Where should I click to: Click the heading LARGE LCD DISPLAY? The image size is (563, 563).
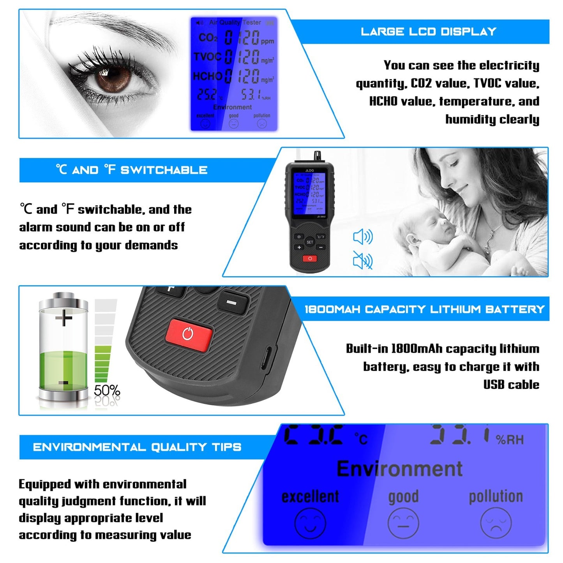pyautogui.click(x=428, y=32)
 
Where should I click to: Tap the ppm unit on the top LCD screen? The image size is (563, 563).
pyautogui.click(x=267, y=41)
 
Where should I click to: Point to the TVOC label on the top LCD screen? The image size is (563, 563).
pyautogui.click(x=207, y=57)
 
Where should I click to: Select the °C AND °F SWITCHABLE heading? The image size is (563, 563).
pyautogui.click(x=132, y=170)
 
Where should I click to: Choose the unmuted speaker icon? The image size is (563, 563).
pyautogui.click(x=363, y=237)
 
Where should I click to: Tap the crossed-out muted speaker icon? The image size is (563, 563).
pyautogui.click(x=363, y=260)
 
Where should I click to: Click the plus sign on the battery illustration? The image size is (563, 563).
pyautogui.click(x=64, y=318)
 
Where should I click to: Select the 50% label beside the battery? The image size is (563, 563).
pyautogui.click(x=107, y=390)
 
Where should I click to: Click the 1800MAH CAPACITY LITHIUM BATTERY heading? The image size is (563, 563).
pyautogui.click(x=424, y=309)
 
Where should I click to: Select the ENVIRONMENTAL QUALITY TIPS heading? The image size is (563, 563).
pyautogui.click(x=137, y=447)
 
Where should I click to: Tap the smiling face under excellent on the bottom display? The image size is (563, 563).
pyautogui.click(x=310, y=523)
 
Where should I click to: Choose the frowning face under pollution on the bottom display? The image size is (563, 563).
pyautogui.click(x=496, y=523)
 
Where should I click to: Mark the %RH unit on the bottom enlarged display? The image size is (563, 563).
pyautogui.click(x=510, y=440)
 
